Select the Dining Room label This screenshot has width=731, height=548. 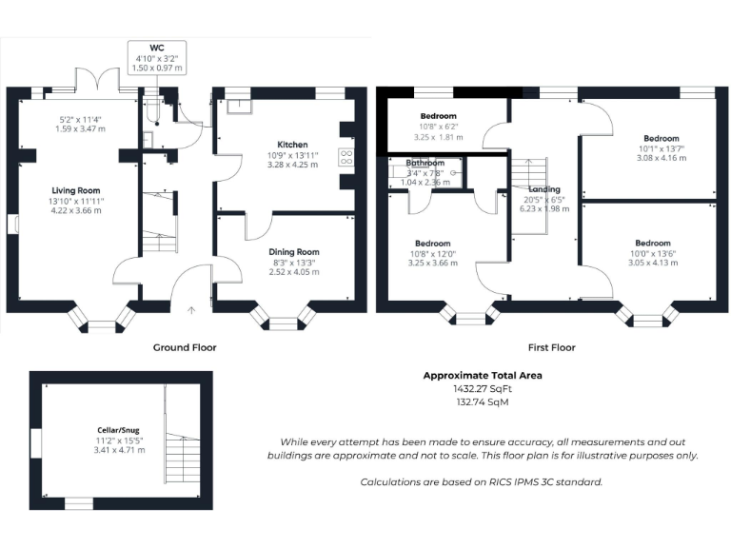(292, 251)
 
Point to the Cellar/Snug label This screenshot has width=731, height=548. (120, 430)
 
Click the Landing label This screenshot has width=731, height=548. (544, 189)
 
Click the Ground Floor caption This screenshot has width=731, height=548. (185, 347)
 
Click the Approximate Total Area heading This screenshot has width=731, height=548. (483, 376)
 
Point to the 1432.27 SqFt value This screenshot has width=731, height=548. (483, 389)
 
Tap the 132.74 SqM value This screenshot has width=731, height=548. (483, 402)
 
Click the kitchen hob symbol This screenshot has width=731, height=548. (346, 159)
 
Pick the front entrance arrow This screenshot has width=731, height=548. (191, 308)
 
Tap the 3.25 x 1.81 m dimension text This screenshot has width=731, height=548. (438, 137)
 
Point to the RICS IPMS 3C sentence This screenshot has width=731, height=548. (482, 482)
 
